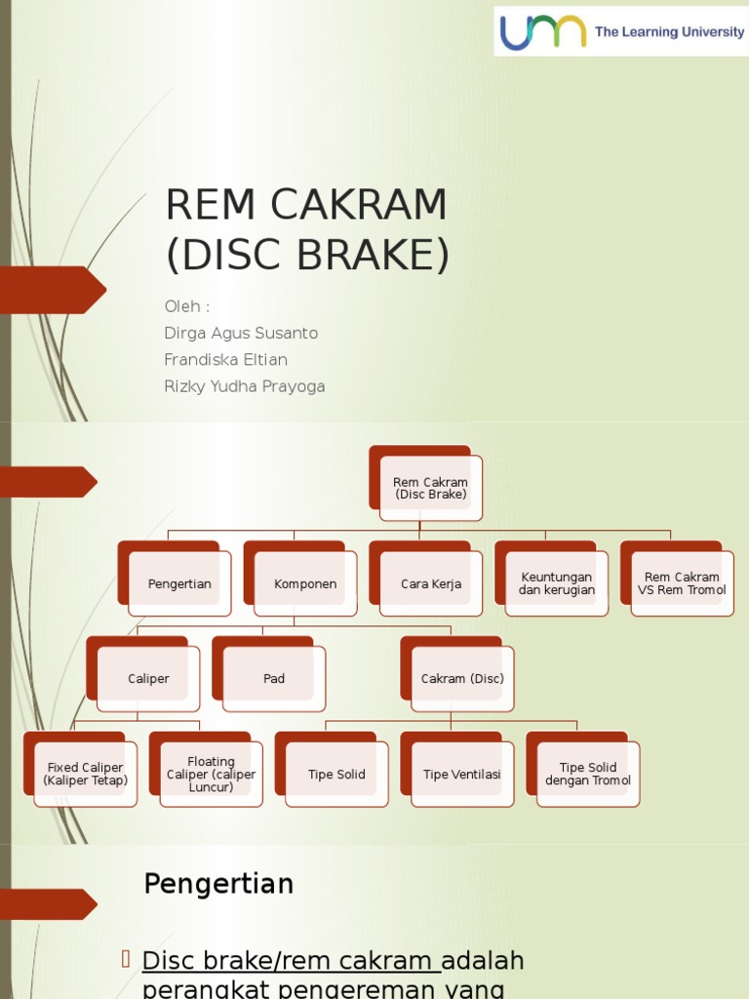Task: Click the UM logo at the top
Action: click(543, 31)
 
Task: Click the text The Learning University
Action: click(669, 32)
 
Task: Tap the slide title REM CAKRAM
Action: click(306, 205)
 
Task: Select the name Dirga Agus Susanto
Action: click(241, 334)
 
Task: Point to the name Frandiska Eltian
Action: click(225, 360)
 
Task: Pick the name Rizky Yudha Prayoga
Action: click(245, 386)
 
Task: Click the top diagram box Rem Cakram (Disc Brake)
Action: click(430, 488)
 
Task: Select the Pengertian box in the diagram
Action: click(179, 583)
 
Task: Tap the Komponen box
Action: click(305, 583)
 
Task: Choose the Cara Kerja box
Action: click(431, 583)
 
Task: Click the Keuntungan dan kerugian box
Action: click(556, 583)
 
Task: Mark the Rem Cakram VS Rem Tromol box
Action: click(682, 583)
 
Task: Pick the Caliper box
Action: click(148, 679)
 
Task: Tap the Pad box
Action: click(274, 679)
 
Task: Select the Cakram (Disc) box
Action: click(462, 679)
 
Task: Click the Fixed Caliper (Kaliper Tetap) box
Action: click(85, 775)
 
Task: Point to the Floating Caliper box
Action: click(211, 775)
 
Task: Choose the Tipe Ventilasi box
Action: click(462, 775)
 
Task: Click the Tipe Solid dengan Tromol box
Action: click(588, 775)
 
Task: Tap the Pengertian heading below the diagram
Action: click(218, 884)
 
